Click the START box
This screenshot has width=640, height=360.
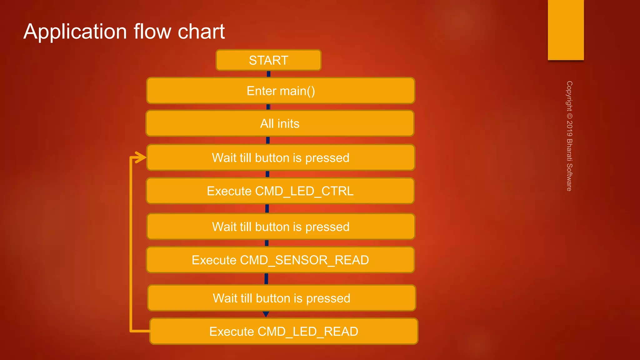tap(268, 60)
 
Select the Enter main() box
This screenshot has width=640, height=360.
tap(281, 91)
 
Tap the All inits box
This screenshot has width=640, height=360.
tap(280, 123)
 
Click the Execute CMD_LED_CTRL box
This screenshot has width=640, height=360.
tap(280, 191)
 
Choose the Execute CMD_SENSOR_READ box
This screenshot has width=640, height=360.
tap(280, 260)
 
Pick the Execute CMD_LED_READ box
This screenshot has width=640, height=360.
tap(283, 331)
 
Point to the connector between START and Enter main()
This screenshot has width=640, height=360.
tap(268, 74)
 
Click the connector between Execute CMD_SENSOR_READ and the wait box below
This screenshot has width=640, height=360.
tap(266, 279)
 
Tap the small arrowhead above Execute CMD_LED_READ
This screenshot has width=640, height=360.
tap(266, 314)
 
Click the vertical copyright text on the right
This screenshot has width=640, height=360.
tap(569, 136)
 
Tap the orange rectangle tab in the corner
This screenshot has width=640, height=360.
tap(566, 30)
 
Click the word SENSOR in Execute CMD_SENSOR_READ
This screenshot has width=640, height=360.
tap(301, 260)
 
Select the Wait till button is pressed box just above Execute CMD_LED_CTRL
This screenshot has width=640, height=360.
tap(280, 157)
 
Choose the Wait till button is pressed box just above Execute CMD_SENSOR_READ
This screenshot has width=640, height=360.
tap(280, 227)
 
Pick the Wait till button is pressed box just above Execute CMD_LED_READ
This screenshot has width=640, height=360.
tap(281, 298)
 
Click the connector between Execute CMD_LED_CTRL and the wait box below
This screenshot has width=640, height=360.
tap(267, 208)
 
